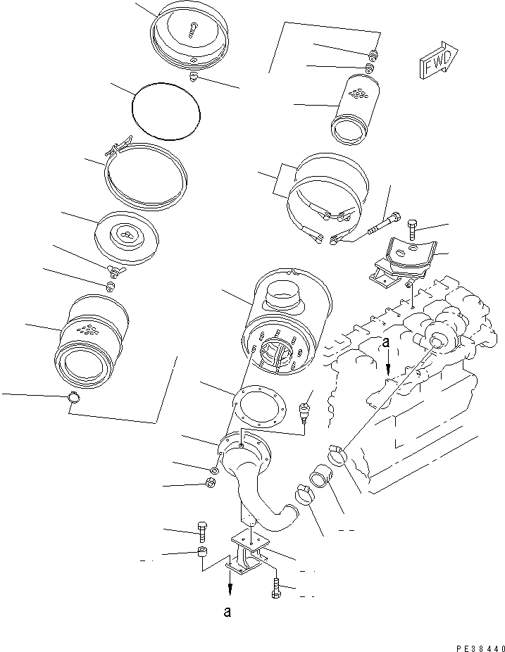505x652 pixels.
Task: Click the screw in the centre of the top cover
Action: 193,29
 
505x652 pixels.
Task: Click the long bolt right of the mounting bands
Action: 384,223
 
